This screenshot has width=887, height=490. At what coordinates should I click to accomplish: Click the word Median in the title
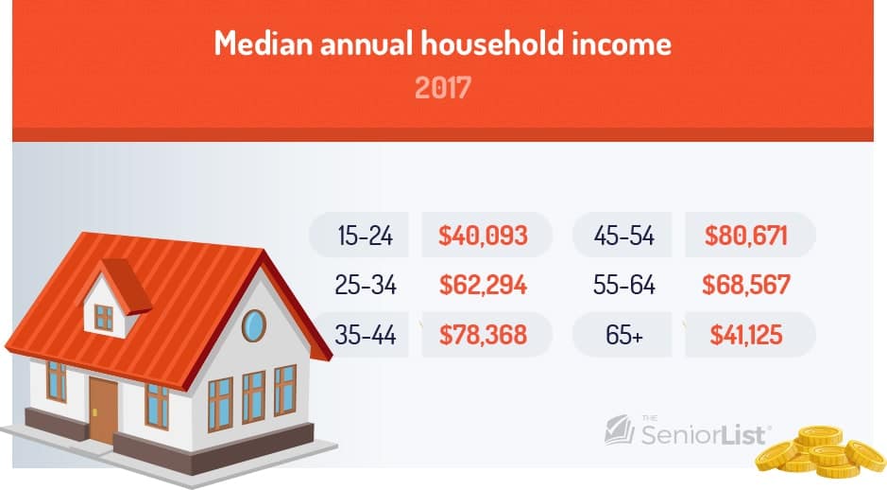(263, 44)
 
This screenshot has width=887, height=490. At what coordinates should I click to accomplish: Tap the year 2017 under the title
(443, 88)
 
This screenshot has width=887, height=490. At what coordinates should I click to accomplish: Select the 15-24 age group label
(365, 236)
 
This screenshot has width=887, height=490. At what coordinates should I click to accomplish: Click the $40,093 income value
(483, 236)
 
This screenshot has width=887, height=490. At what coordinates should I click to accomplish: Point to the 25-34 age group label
(366, 285)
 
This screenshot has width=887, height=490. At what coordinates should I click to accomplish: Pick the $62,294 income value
(483, 285)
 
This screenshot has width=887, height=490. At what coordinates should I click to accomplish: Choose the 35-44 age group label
(366, 334)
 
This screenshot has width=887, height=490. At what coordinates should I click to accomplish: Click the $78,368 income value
(483, 334)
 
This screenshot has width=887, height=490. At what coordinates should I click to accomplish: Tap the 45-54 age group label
(624, 236)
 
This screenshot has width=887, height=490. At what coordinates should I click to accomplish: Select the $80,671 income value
(746, 236)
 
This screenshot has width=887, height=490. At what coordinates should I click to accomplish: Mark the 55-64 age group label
(624, 285)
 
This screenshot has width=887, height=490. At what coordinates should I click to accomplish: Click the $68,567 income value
(746, 285)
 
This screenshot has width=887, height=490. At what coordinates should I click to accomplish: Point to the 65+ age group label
(624, 334)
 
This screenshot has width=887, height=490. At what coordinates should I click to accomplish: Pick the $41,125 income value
(746, 334)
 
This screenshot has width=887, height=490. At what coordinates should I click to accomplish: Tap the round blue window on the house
(254, 325)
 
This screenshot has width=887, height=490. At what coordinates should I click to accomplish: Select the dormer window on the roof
(104, 317)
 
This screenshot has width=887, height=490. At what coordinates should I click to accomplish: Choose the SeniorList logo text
(704, 435)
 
